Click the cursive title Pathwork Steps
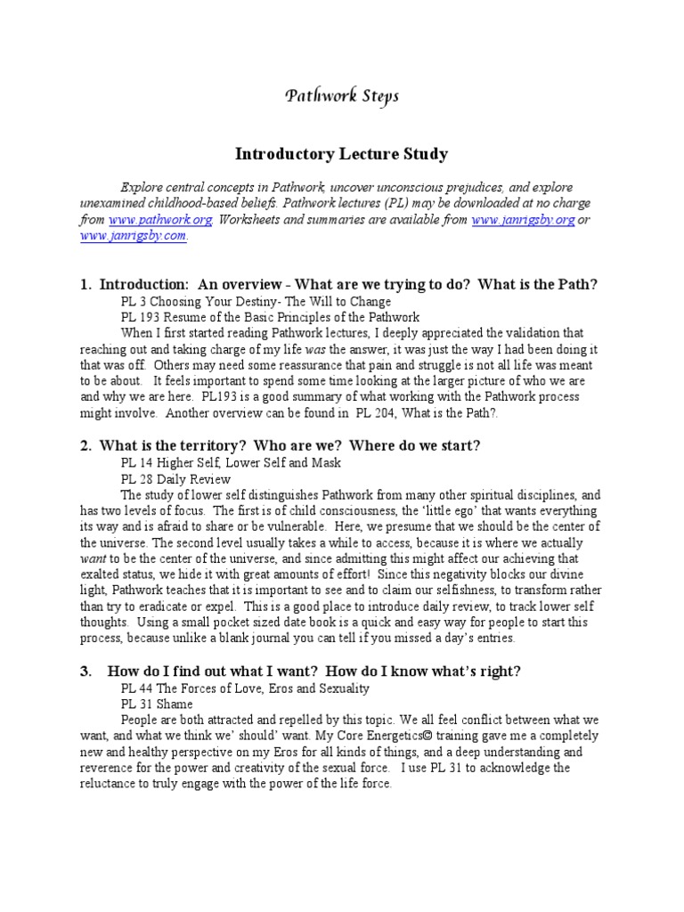pos(341,96)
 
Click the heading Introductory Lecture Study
pos(341,154)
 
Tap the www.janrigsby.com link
pos(134,236)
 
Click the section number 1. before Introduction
pos(86,284)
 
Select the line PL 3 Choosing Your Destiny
pos(256,301)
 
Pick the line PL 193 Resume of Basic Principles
pos(270,317)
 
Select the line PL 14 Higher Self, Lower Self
pos(231,463)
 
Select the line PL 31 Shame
pos(157,704)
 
